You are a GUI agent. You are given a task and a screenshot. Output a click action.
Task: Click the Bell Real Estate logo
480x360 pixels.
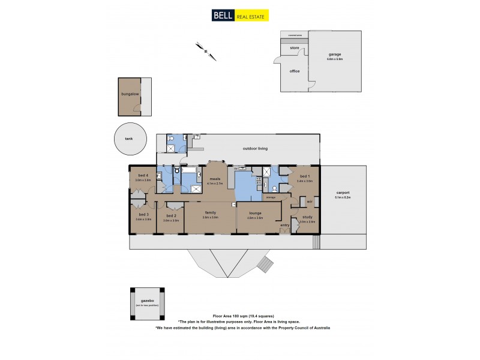tap(239, 16)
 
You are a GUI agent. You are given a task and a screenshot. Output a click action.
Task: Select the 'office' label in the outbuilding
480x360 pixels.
tap(295, 71)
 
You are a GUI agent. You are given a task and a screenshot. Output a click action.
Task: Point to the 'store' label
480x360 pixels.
tap(295, 47)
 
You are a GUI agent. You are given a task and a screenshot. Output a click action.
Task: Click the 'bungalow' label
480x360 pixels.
tap(130, 94)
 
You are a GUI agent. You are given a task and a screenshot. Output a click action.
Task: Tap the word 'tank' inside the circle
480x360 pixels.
tap(129, 139)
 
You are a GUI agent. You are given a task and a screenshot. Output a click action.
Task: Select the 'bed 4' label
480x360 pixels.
tap(142, 175)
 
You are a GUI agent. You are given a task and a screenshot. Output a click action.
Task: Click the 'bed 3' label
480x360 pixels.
tap(143, 215)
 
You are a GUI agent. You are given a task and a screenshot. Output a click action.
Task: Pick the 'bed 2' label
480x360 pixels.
tap(171, 215)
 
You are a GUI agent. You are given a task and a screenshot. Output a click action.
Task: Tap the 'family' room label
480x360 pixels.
tap(210, 212)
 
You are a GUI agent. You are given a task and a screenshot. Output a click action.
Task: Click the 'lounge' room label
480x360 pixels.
tap(255, 212)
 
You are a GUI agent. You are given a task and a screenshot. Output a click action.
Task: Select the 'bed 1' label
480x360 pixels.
tap(305, 175)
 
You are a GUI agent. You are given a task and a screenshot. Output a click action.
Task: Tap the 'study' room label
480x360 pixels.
tap(307, 217)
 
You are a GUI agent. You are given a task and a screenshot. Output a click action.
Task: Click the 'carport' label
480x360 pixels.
tap(343, 193)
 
